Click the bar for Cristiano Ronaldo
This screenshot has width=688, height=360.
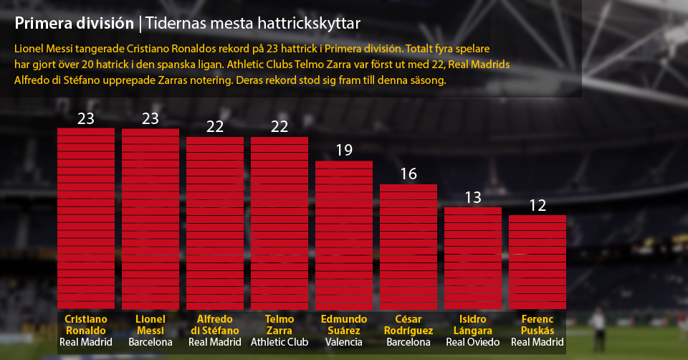86,219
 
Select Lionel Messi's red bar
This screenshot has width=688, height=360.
150,219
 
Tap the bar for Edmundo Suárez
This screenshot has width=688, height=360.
344,235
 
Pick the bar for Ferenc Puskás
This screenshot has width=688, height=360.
537,262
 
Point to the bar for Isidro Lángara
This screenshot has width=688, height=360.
473,258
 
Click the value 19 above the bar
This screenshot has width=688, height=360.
344,151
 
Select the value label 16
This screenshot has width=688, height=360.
408,174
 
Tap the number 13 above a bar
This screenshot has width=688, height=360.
473,197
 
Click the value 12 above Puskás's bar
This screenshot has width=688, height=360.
537,206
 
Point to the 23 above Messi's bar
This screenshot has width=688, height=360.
150,119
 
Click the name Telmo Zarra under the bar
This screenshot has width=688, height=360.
279,325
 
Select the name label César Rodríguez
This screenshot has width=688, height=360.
408,325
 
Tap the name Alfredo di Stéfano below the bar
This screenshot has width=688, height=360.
215,325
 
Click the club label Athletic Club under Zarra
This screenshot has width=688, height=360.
279,342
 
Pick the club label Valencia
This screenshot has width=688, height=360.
344,342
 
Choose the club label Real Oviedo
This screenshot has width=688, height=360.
473,342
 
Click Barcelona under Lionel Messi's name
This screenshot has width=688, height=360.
150,342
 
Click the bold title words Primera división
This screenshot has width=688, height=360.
74,24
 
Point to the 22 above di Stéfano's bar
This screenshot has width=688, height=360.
215,126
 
